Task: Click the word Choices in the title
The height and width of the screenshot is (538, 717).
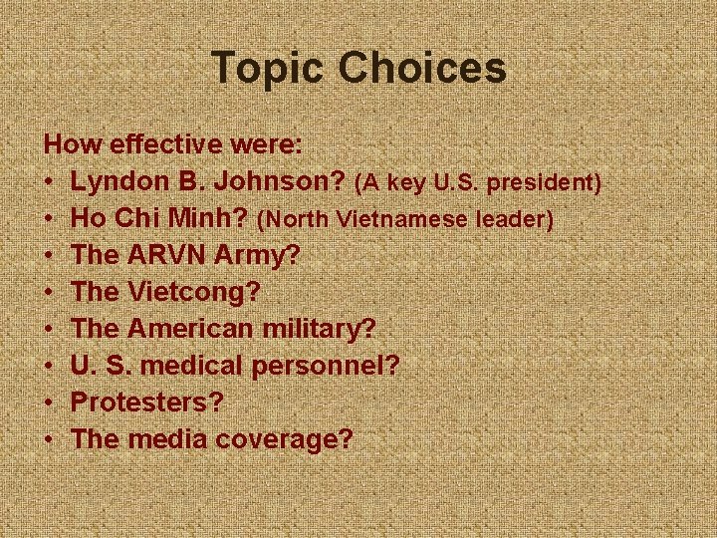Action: pyautogui.click(x=422, y=69)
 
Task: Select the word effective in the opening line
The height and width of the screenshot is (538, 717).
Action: pyautogui.click(x=167, y=144)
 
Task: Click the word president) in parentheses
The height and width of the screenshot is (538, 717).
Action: pyautogui.click(x=551, y=182)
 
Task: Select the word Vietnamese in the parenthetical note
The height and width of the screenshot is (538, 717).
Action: pyautogui.click(x=394, y=219)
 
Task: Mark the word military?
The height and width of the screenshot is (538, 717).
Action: pyautogui.click(x=325, y=329)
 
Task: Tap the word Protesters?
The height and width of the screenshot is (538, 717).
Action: pyautogui.click(x=148, y=403)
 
